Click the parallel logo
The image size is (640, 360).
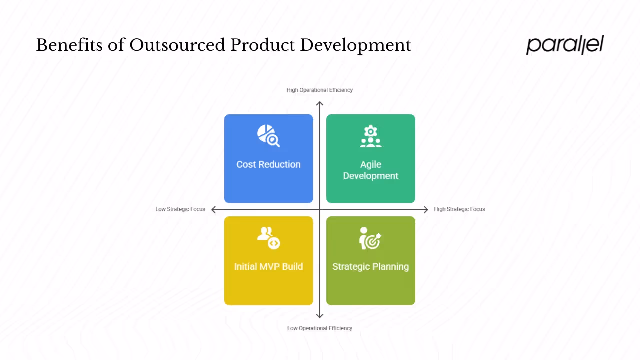(565, 45)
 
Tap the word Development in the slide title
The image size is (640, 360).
(355, 45)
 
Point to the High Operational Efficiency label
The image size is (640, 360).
(320, 90)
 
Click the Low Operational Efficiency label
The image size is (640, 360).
(320, 328)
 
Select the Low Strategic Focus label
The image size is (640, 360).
(180, 209)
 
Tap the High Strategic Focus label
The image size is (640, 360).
(459, 209)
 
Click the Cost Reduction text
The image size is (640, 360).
(268, 164)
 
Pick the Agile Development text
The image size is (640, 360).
(370, 170)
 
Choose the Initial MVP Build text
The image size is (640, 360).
(268, 266)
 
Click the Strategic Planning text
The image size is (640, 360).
(370, 266)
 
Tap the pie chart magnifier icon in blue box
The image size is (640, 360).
(268, 136)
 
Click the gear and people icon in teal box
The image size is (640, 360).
(370, 136)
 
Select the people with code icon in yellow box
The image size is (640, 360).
(268, 238)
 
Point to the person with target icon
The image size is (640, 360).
(370, 238)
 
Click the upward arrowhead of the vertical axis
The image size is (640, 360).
(320, 104)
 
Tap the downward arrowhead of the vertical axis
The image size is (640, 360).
(320, 315)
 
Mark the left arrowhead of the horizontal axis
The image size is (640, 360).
(214, 210)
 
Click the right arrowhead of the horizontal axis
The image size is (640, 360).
(426, 210)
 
